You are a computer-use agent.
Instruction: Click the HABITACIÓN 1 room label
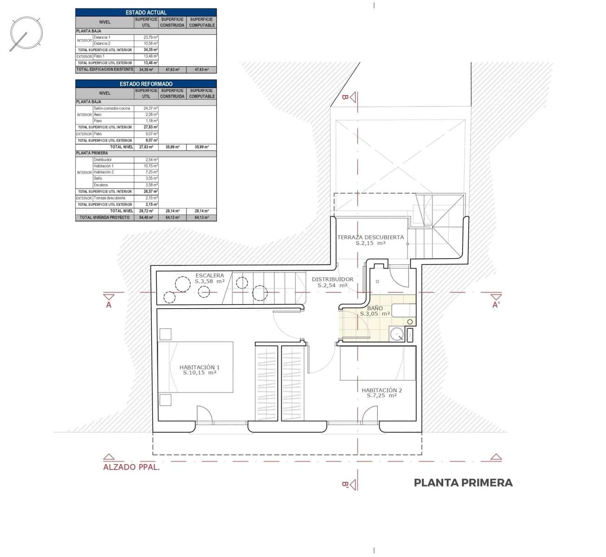click(x=200, y=369)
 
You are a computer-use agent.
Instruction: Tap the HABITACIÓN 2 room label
click(x=382, y=393)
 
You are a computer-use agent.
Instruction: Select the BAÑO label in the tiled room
click(x=375, y=311)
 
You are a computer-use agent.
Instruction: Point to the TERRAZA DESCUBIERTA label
click(x=370, y=240)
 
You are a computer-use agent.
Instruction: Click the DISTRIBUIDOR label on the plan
click(x=332, y=282)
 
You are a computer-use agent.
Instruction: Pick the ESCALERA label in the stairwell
click(x=210, y=278)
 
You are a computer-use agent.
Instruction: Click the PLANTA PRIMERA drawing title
click(x=463, y=483)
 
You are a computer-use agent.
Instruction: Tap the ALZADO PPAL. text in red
click(x=131, y=467)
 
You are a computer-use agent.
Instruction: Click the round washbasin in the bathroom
click(x=396, y=334)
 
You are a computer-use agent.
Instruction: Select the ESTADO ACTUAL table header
click(x=146, y=13)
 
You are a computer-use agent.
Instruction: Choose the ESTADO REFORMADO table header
click(x=146, y=84)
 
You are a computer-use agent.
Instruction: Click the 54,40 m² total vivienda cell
click(x=146, y=217)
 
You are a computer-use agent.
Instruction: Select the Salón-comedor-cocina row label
click(x=112, y=108)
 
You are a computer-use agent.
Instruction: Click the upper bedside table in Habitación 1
click(x=165, y=334)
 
